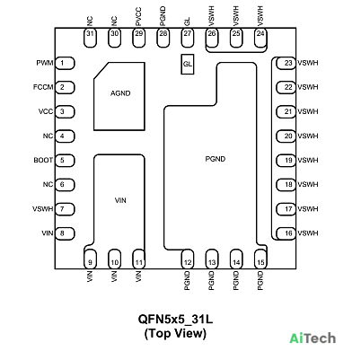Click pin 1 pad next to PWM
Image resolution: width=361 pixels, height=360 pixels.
pyautogui.click(x=65, y=63)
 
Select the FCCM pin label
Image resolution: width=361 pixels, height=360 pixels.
pyautogui.click(x=43, y=87)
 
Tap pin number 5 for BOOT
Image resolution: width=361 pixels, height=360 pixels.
pyautogui.click(x=62, y=160)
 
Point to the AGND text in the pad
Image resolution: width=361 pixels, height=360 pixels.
pyautogui.click(x=120, y=93)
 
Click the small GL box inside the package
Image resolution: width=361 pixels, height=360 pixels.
pyautogui.click(x=188, y=64)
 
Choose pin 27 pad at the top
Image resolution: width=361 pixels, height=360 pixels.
pyautogui.click(x=188, y=38)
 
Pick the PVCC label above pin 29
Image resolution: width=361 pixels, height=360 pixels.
pyautogui.click(x=138, y=17)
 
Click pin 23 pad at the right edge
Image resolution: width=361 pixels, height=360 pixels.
pyautogui.click(x=286, y=63)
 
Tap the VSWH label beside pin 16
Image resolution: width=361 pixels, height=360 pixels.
pyautogui.click(x=308, y=233)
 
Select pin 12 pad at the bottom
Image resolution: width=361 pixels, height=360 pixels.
pyautogui.click(x=188, y=259)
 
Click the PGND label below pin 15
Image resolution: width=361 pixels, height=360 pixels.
pyautogui.click(x=260, y=281)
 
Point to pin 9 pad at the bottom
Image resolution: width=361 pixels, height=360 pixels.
pyautogui.click(x=90, y=259)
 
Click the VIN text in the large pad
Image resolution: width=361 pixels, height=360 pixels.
pyautogui.click(x=120, y=200)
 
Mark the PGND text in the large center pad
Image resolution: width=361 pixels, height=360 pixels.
pyautogui.click(x=216, y=159)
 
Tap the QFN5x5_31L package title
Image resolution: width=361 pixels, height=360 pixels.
pyautogui.click(x=175, y=319)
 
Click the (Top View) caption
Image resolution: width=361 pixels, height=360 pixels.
pyautogui.click(x=175, y=333)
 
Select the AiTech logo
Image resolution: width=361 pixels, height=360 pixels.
pyautogui.click(x=313, y=338)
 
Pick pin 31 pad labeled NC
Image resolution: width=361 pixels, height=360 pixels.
pyautogui.click(x=90, y=38)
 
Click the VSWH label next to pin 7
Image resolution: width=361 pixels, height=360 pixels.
pyautogui.click(x=43, y=209)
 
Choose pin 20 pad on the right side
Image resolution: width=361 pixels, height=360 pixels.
pyautogui.click(x=286, y=136)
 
